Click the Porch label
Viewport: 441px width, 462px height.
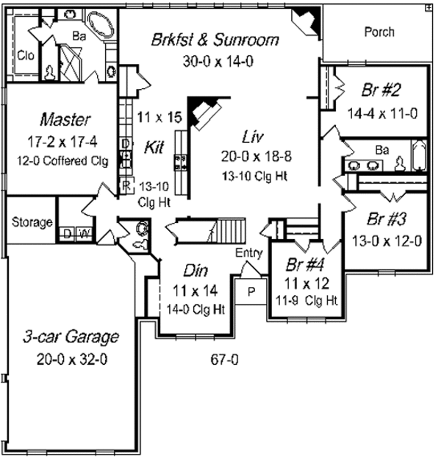point(379,32)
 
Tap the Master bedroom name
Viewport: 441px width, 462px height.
point(65,120)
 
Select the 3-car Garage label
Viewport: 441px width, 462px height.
point(71,336)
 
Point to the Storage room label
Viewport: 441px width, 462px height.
point(32,222)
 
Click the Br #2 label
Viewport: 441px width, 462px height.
point(381,90)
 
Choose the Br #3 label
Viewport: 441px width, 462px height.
point(387,219)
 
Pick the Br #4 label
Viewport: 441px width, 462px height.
point(305,265)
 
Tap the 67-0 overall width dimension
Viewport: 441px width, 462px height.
point(224,360)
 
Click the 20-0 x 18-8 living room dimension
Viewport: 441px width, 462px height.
point(256,156)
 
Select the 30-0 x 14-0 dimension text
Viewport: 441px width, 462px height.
point(218,61)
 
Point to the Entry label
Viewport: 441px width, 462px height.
point(248,253)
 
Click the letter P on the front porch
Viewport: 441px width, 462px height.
point(251,292)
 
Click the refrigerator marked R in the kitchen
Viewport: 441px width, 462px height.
point(126,185)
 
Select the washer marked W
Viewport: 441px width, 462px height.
point(85,234)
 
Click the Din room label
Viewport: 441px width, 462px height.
point(196,271)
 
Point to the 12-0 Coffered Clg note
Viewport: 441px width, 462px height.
point(62,161)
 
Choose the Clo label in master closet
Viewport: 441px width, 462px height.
point(25,55)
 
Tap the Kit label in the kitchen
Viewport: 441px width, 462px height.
point(154,147)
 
